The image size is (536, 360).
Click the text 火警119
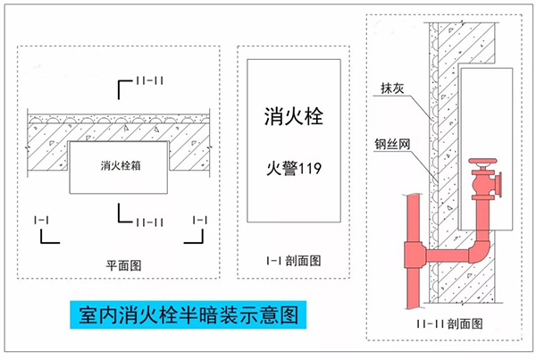(293, 167)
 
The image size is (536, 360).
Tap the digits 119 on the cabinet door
(309, 167)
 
